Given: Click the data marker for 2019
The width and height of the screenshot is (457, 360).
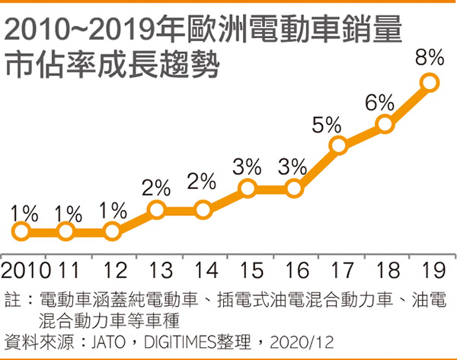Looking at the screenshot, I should coord(430,82).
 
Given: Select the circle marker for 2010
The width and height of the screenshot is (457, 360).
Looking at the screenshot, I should coord(21,231).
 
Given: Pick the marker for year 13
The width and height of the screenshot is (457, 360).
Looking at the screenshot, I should coord(157,209).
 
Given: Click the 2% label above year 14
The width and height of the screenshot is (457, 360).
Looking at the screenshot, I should coord(202,183).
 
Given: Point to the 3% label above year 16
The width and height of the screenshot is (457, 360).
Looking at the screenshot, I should coord(292,165).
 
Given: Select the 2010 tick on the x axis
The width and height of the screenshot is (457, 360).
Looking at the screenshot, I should coord(26,269).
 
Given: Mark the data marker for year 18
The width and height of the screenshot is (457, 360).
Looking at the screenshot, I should coord(385,124).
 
